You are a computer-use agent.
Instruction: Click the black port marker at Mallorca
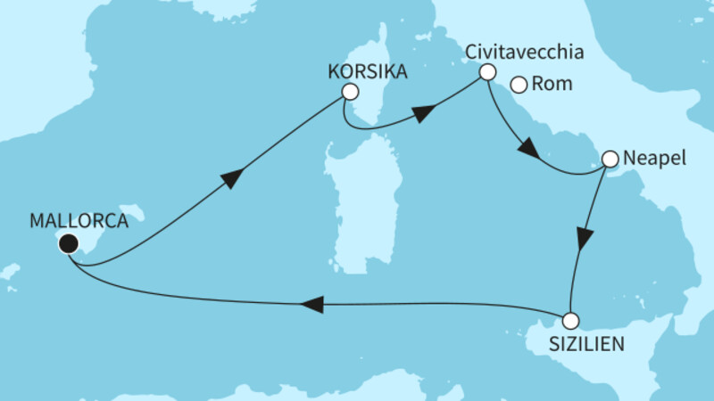tap(68, 242)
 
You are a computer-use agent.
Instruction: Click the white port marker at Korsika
tap(350, 92)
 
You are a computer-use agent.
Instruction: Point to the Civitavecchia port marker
tap(487, 71)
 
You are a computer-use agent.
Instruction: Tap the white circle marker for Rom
tap(519, 86)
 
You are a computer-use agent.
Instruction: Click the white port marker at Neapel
tap(610, 160)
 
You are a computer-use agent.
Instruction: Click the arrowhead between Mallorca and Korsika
tap(230, 178)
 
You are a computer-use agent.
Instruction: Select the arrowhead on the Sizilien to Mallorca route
tap(311, 305)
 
